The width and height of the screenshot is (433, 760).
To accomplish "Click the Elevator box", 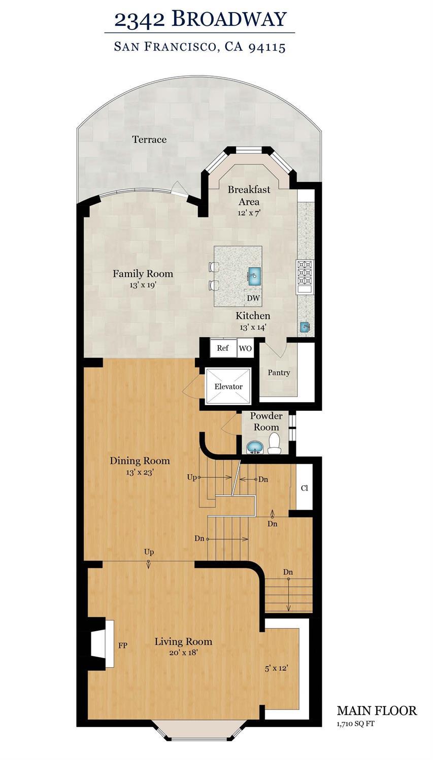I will click(x=228, y=386).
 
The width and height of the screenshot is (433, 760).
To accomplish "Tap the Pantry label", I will click(x=279, y=373).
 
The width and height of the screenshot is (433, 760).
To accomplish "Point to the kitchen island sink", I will click(x=254, y=275).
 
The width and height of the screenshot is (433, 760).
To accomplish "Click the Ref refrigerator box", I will click(x=223, y=348).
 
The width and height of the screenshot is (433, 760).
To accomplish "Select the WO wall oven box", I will click(x=245, y=348).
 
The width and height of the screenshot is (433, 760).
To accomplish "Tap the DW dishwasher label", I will click(x=253, y=298).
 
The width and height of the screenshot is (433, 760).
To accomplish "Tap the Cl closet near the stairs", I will click(x=305, y=489).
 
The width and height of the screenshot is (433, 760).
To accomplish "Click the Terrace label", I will click(x=149, y=139).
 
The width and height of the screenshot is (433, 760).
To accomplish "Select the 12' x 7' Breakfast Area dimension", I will click(x=249, y=213).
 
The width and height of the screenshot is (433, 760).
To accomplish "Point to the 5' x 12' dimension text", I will click(x=277, y=668).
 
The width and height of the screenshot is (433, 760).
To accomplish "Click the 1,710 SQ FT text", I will click(x=355, y=723).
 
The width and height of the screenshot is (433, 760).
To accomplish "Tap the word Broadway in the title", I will click(x=229, y=19).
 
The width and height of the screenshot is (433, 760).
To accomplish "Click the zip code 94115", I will click(x=267, y=47).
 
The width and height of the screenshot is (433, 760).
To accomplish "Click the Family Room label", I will click(x=143, y=274).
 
